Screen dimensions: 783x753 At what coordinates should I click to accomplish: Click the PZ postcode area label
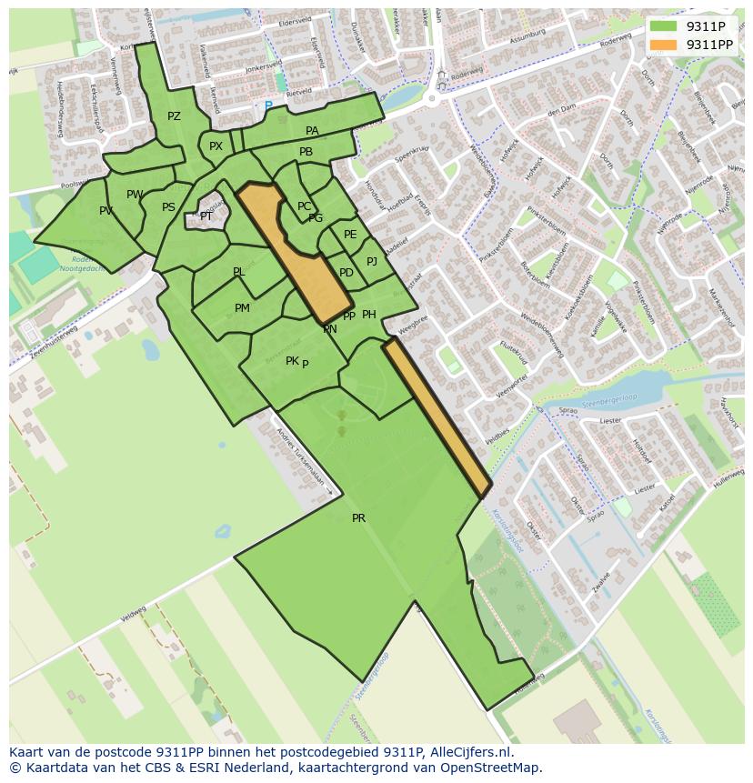(x=174, y=116)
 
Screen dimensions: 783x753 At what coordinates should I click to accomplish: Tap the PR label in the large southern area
(x=358, y=518)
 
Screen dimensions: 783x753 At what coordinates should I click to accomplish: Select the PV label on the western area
(x=106, y=211)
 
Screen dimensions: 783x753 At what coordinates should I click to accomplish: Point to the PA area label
(x=312, y=131)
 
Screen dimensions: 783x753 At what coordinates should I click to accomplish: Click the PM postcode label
(x=242, y=308)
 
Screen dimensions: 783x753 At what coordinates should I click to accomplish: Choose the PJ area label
(x=371, y=262)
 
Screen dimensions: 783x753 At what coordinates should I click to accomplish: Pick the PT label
(x=206, y=216)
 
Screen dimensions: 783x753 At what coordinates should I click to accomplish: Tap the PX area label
(x=216, y=146)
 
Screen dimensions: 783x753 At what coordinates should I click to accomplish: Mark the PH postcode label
(x=369, y=315)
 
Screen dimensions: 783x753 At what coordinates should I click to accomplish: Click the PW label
(x=135, y=195)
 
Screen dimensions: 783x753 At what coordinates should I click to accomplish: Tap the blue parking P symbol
(x=267, y=106)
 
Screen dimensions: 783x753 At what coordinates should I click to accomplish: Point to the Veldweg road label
(x=133, y=616)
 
